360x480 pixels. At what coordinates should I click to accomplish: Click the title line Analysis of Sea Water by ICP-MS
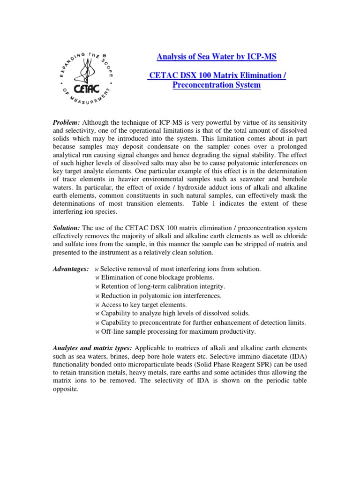216,57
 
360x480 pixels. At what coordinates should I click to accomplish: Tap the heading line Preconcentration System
216,85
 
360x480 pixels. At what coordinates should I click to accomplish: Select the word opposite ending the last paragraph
66,390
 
